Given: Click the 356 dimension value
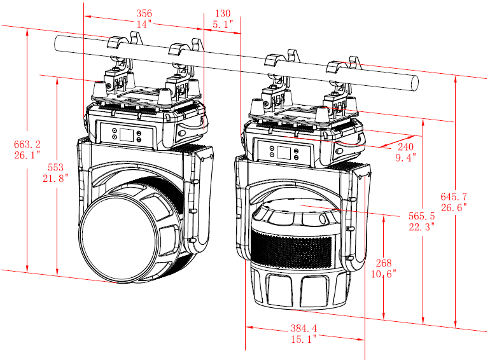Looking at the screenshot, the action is click(144, 13).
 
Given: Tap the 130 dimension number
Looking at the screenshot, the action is click(223, 13).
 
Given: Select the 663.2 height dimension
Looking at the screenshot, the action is click(27, 144).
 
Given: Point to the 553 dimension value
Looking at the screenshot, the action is click(55, 167).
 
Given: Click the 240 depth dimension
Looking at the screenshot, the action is click(405, 147).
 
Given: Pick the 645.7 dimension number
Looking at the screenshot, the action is click(454, 197).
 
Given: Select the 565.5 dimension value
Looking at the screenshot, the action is click(421, 216).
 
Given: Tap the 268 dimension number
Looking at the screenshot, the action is click(384, 263).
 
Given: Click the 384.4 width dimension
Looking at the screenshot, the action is click(304, 328).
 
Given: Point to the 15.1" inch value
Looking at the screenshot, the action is click(304, 339).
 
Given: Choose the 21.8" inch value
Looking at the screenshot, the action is click(55, 178).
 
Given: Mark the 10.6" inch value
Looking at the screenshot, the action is click(384, 274).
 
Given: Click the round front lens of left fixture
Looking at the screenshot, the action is click(118, 237).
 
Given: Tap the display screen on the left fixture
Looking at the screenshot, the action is click(127, 135).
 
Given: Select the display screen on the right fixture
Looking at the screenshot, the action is click(284, 153).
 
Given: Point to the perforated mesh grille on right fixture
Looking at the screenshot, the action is click(291, 248).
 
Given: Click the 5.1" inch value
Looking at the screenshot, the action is click(223, 24).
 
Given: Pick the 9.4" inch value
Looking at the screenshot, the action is click(405, 158).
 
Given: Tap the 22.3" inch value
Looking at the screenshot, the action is click(421, 227).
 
